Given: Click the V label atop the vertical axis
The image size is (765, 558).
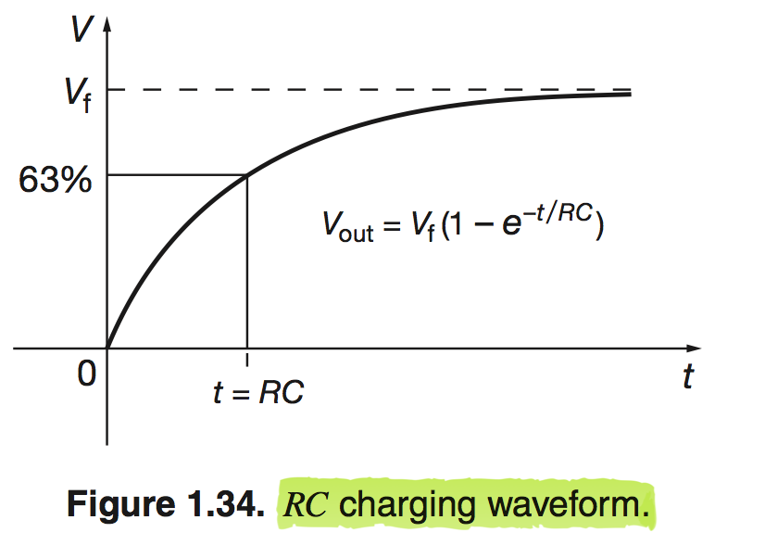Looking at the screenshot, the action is point(81,29).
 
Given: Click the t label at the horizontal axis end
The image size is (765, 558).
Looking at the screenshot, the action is point(688,376).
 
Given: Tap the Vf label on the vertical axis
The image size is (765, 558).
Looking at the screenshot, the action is point(78,95).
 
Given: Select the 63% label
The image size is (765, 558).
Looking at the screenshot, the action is point(56,179).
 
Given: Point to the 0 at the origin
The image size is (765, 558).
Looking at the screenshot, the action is point(87,374).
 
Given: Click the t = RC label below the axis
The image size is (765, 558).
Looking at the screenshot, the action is point(258,391).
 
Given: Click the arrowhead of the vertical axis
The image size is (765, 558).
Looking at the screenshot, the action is point(107,24).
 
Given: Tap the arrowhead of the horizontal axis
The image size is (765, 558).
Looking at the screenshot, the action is point(694,349).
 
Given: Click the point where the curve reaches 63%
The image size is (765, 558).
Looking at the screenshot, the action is point(247,175).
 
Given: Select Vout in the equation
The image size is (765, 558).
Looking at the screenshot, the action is point(348,226).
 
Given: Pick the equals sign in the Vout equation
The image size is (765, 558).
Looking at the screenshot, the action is point(392,226).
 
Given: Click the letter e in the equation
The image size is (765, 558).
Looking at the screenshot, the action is point(512,224).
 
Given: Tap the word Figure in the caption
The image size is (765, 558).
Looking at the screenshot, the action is point(120,504).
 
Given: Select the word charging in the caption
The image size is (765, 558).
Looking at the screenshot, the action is point(407,505).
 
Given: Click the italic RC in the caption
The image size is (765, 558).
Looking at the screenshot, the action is point(306,504).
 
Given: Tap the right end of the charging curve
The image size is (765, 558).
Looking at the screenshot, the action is point(631,94).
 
